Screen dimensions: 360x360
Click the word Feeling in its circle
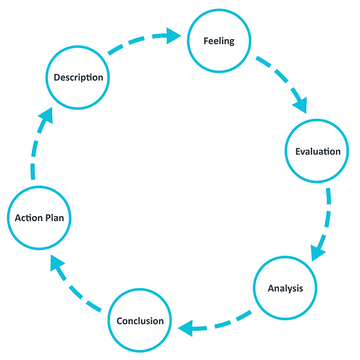point(219,41)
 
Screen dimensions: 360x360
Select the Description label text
point(79,77)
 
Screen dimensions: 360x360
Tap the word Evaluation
point(318,151)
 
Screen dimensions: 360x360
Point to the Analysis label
point(286,288)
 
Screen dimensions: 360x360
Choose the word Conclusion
point(140,320)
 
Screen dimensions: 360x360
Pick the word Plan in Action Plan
point(55,217)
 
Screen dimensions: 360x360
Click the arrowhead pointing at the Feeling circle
point(175,36)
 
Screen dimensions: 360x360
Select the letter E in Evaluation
point(298,151)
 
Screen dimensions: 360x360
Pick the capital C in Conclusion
point(119,320)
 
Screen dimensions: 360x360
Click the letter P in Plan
point(48,217)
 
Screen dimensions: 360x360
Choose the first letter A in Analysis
point(271,288)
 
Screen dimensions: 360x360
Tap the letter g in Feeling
point(231,43)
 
